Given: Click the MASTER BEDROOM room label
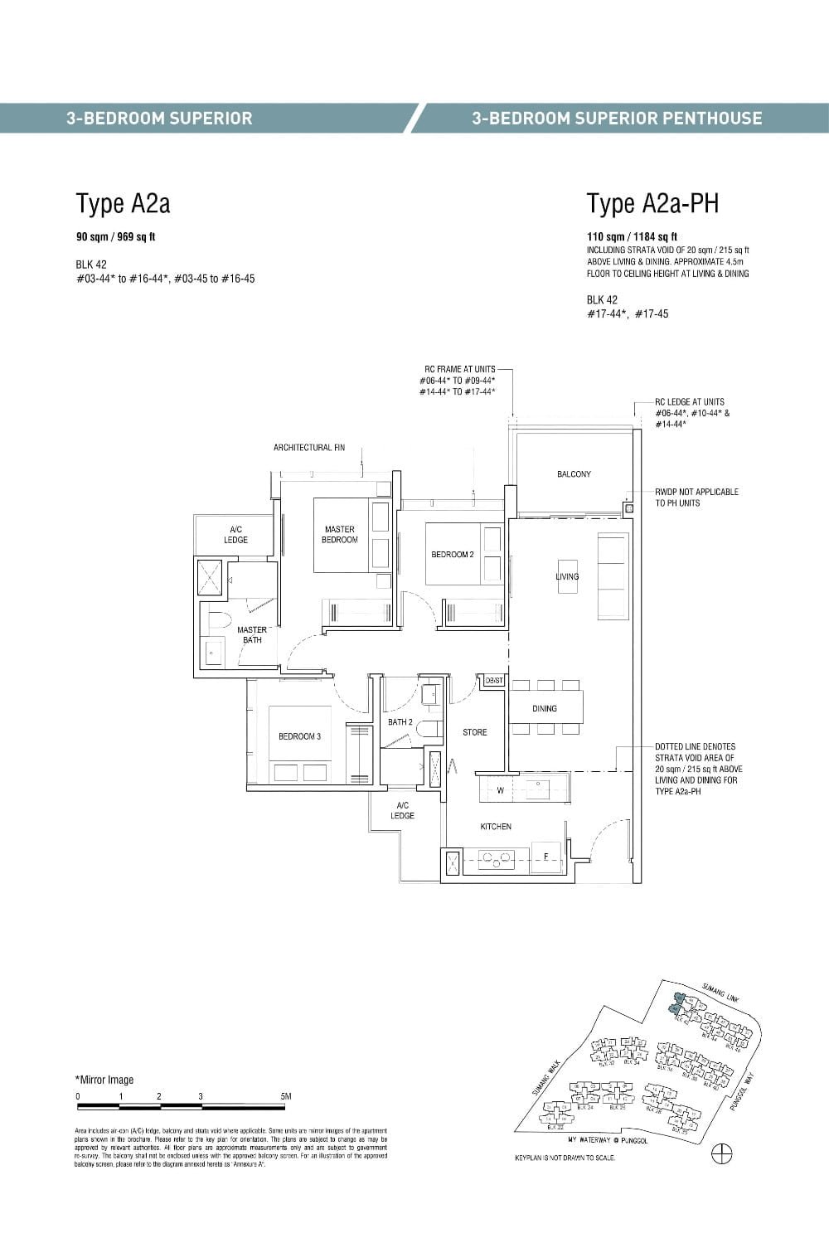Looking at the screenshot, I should (340, 535).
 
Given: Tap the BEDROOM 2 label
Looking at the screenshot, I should (453, 555).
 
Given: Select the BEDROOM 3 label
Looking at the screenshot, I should (299, 736).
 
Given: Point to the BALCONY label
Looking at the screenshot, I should (574, 474).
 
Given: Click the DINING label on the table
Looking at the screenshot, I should (545, 708).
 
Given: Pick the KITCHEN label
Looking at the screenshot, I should (496, 827).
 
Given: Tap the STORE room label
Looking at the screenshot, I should (475, 732).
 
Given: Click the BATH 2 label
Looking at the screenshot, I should (400, 722).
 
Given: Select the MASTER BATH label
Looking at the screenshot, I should (252, 635).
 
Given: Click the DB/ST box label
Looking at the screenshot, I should (494, 680).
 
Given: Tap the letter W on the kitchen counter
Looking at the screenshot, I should (500, 790).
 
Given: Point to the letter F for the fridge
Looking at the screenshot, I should (545, 856).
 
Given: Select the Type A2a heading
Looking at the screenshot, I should (123, 203).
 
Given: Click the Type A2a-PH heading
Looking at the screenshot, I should (652, 203).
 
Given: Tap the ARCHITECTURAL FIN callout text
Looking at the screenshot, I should (309, 448).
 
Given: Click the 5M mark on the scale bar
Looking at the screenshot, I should (286, 1096).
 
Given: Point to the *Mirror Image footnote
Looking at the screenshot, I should (104, 1080).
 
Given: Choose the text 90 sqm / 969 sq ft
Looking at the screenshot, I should (116, 237).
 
